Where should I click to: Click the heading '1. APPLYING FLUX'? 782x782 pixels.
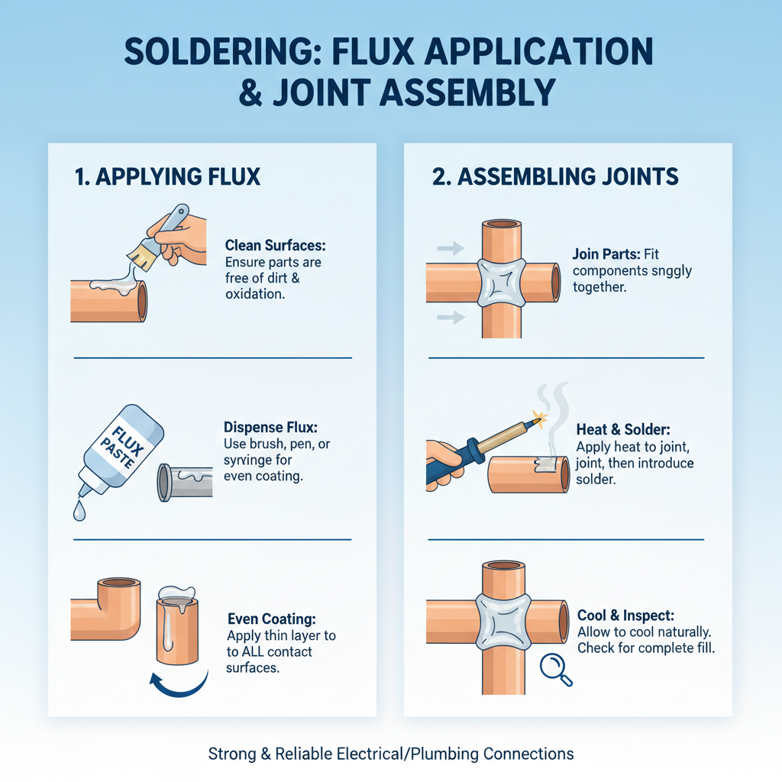(167, 177)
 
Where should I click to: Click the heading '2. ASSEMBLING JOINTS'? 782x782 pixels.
(555, 177)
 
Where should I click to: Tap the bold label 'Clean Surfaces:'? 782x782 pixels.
(275, 246)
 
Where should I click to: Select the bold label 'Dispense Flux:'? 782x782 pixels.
(271, 428)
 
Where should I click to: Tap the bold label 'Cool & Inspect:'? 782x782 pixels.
(625, 616)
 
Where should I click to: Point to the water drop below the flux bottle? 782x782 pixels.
(79, 512)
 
